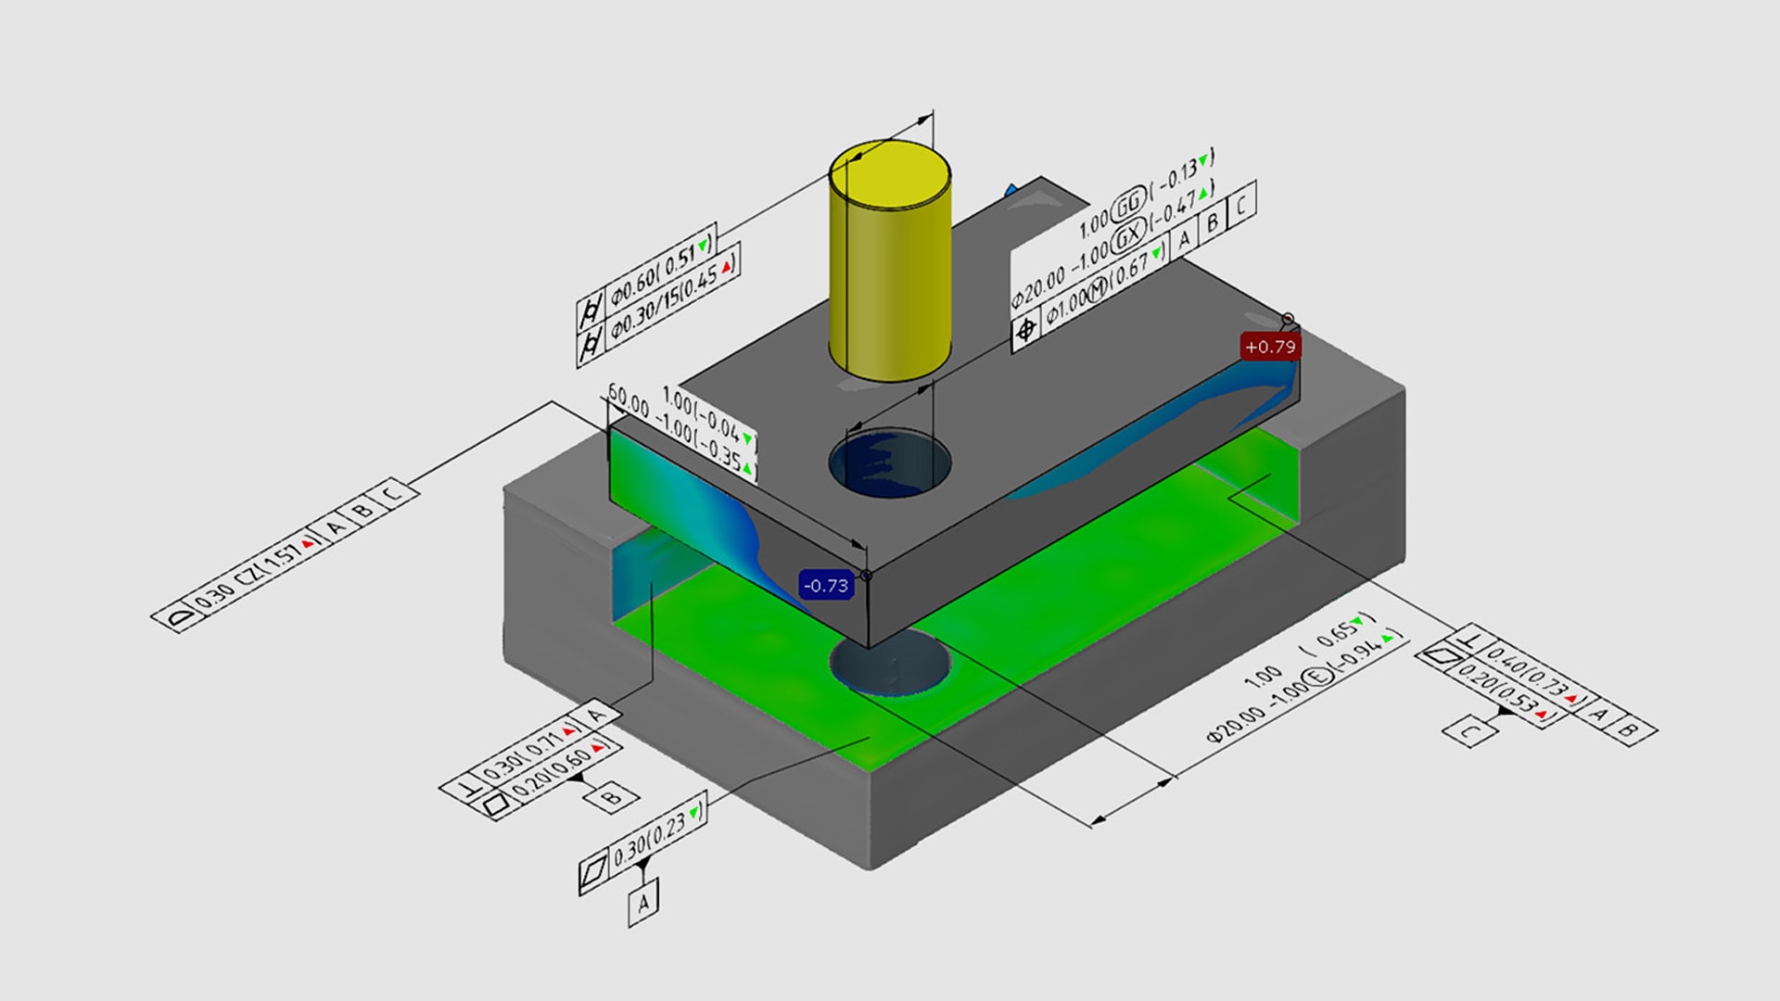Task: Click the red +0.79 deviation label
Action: pos(1270,347)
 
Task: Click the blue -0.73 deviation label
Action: pos(825,586)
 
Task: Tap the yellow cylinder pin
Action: pos(889,264)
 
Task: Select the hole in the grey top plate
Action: pos(889,462)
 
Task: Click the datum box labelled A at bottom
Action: pos(643,901)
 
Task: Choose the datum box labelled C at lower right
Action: pos(1469,732)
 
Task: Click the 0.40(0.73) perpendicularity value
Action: pos(1534,676)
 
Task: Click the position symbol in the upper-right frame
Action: pos(1025,331)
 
